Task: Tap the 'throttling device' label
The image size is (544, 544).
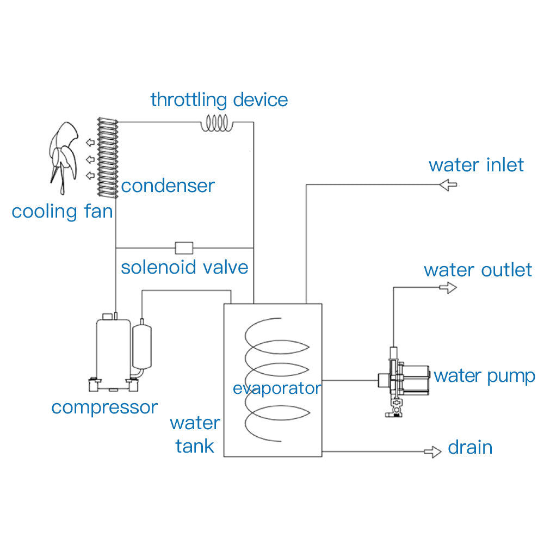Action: click(219, 100)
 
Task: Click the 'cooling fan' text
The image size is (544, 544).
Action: click(62, 211)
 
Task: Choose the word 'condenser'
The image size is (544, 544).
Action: click(168, 186)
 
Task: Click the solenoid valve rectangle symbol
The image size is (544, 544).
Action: click(184, 248)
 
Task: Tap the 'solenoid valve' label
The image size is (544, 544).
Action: click(184, 268)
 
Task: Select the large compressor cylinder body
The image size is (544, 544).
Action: click(113, 348)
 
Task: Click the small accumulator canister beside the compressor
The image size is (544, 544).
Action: click(142, 347)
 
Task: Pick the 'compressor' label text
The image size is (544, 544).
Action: click(104, 407)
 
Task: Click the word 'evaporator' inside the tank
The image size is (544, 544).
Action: click(276, 388)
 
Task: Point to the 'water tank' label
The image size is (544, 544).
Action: click(195, 435)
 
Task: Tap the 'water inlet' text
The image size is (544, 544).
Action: click(476, 165)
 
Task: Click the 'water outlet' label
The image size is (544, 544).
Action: click(478, 270)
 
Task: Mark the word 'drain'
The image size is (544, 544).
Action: click(470, 447)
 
